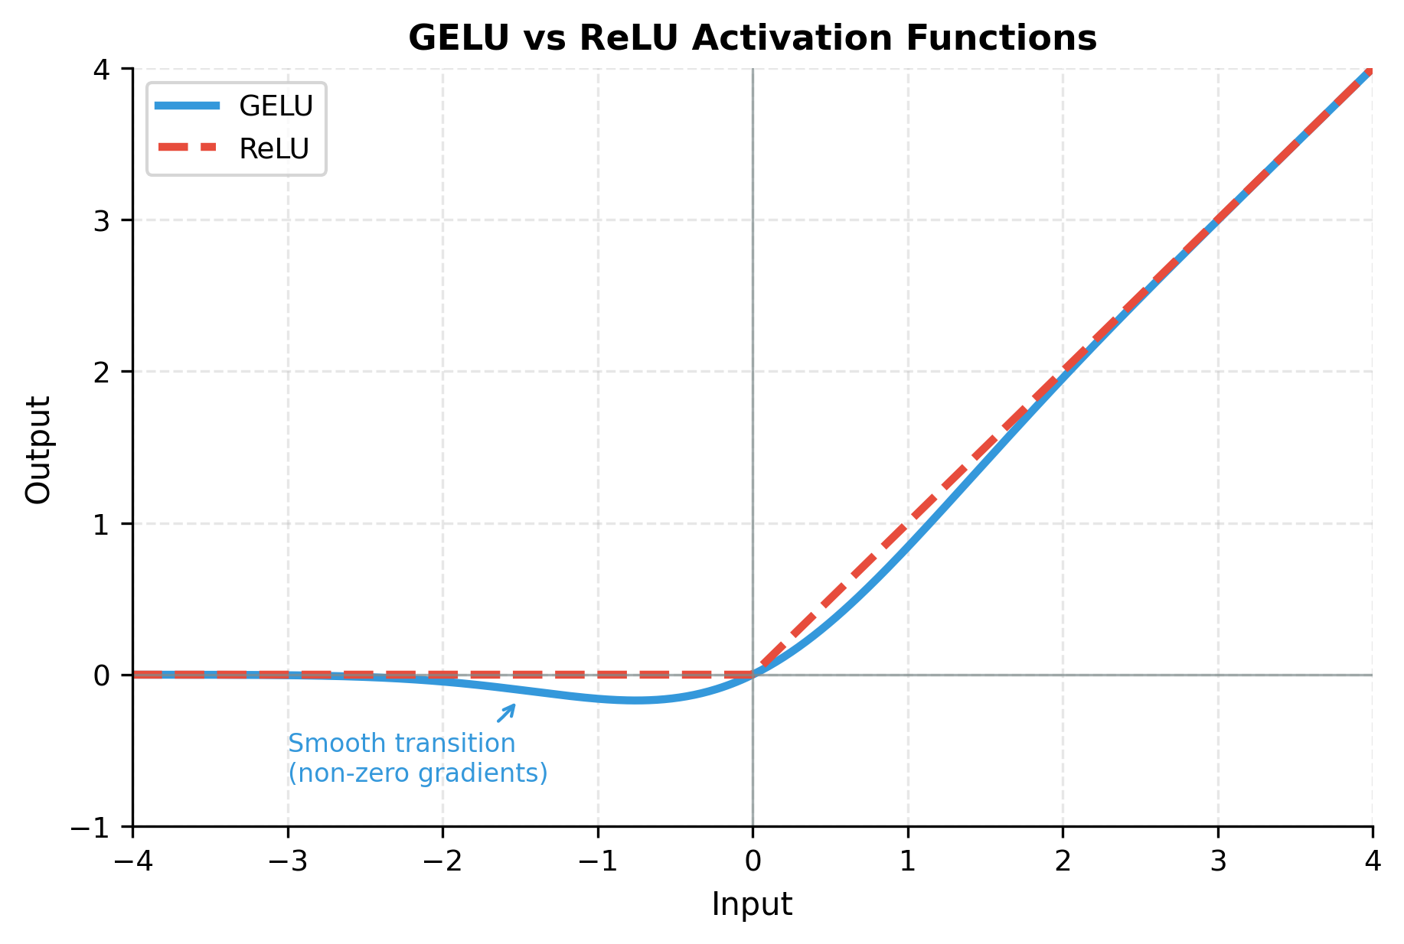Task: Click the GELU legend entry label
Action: coord(276,106)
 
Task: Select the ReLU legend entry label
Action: coord(273,149)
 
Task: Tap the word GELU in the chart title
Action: coord(458,38)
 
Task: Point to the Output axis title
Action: coord(38,449)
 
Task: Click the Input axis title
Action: coord(752,904)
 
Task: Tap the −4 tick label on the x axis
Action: coord(132,862)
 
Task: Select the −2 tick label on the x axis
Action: coord(442,862)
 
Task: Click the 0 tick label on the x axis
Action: coord(753,862)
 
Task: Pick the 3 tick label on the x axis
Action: coord(1218,862)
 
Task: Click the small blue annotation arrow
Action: coord(507,713)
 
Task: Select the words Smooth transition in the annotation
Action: coord(401,744)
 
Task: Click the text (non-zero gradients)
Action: coord(417,773)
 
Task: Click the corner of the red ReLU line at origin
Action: coord(753,675)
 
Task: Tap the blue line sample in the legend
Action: coord(188,106)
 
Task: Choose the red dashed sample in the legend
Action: coord(188,148)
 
